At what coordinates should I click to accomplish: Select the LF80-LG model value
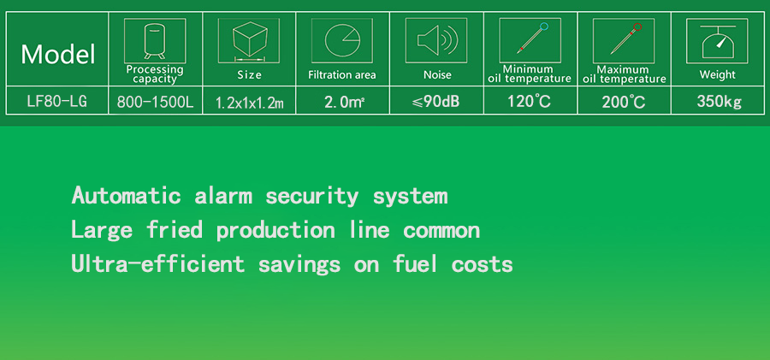pos(57,102)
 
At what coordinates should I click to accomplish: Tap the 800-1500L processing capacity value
pos(156,103)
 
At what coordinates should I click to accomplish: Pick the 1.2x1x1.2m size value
pos(250,103)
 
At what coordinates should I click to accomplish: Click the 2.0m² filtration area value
pos(344,102)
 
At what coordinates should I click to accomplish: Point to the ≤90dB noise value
pos(437,102)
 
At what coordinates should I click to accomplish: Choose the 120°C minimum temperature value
pos(529,101)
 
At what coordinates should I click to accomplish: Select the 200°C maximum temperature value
pos(624,102)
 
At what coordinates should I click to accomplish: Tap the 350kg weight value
pos(719,102)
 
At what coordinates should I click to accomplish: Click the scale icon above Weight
pos(718,41)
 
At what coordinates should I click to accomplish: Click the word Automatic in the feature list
pos(127,196)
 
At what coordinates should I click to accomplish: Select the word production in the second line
pos(276,230)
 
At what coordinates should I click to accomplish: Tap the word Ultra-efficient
pos(157,263)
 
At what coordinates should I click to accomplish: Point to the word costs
pos(483,264)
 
